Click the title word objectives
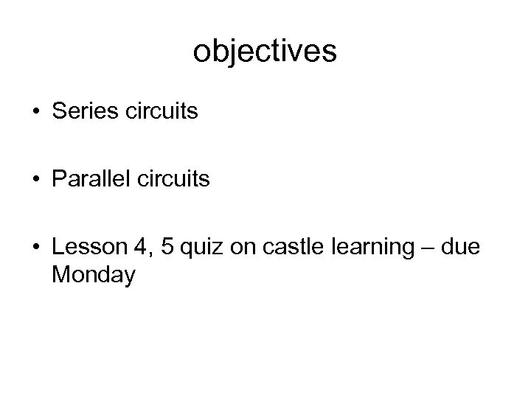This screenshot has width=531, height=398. point(265,52)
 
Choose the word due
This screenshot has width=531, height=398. point(460,248)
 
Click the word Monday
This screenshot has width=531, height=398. point(94,275)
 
